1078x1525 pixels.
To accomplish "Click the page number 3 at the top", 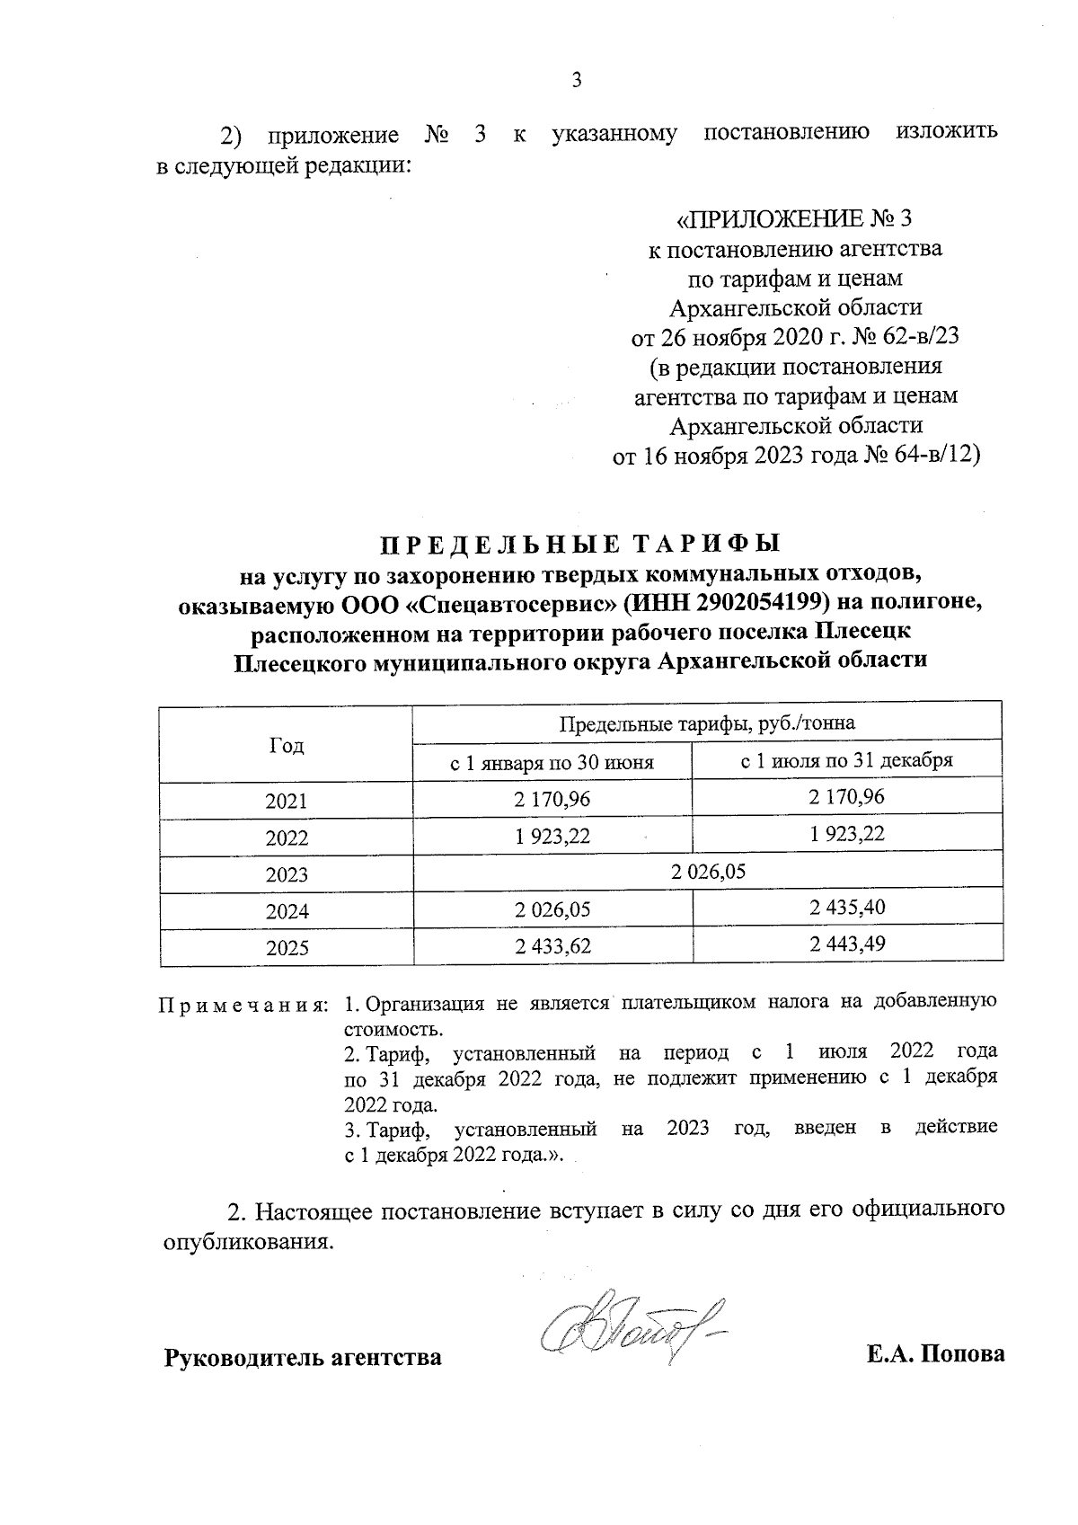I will [577, 81].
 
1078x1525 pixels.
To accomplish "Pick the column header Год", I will [286, 745].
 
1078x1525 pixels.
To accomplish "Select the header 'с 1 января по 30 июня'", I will [552, 763].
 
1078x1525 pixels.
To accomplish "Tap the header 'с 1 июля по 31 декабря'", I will [846, 761].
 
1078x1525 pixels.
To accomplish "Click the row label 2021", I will [286, 801].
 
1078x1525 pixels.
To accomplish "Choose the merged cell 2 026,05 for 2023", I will [707, 872].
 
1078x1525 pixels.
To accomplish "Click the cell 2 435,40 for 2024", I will [846, 908].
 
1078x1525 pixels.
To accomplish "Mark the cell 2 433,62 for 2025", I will [552, 945].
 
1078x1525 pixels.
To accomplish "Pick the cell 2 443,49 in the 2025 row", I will [846, 944].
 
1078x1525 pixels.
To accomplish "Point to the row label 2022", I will [286, 838].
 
